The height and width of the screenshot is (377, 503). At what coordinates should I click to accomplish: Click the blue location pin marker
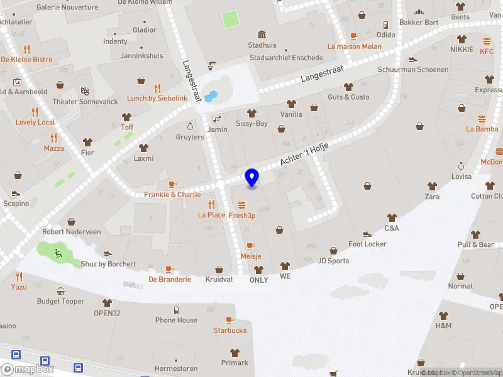tap(252, 177)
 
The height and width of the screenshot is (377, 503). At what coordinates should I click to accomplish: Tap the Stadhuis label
tap(262, 45)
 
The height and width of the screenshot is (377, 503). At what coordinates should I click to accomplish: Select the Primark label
tap(235, 363)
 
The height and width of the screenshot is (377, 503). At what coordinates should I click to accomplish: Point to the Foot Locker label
tap(367, 244)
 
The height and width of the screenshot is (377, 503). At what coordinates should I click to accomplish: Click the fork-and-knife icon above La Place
tap(211, 204)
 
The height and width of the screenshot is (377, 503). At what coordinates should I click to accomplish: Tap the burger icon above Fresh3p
tap(241, 205)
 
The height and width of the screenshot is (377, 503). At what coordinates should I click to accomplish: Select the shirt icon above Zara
tap(432, 186)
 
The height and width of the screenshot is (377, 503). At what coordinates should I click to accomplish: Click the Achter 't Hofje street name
tap(304, 153)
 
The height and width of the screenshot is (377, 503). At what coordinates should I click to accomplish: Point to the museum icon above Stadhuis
tap(262, 34)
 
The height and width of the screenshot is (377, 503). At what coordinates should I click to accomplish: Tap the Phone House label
tap(176, 320)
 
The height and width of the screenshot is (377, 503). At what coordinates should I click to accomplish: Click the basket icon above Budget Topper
tap(61, 292)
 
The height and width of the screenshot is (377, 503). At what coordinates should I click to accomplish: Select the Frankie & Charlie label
tap(172, 195)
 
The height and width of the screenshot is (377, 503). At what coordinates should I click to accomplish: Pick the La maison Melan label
tap(354, 46)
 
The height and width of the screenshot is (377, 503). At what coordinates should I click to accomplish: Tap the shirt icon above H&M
tap(443, 315)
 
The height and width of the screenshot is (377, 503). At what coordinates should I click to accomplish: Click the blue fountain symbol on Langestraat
tap(211, 97)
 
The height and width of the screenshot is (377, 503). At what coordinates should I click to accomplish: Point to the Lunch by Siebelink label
tap(157, 99)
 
